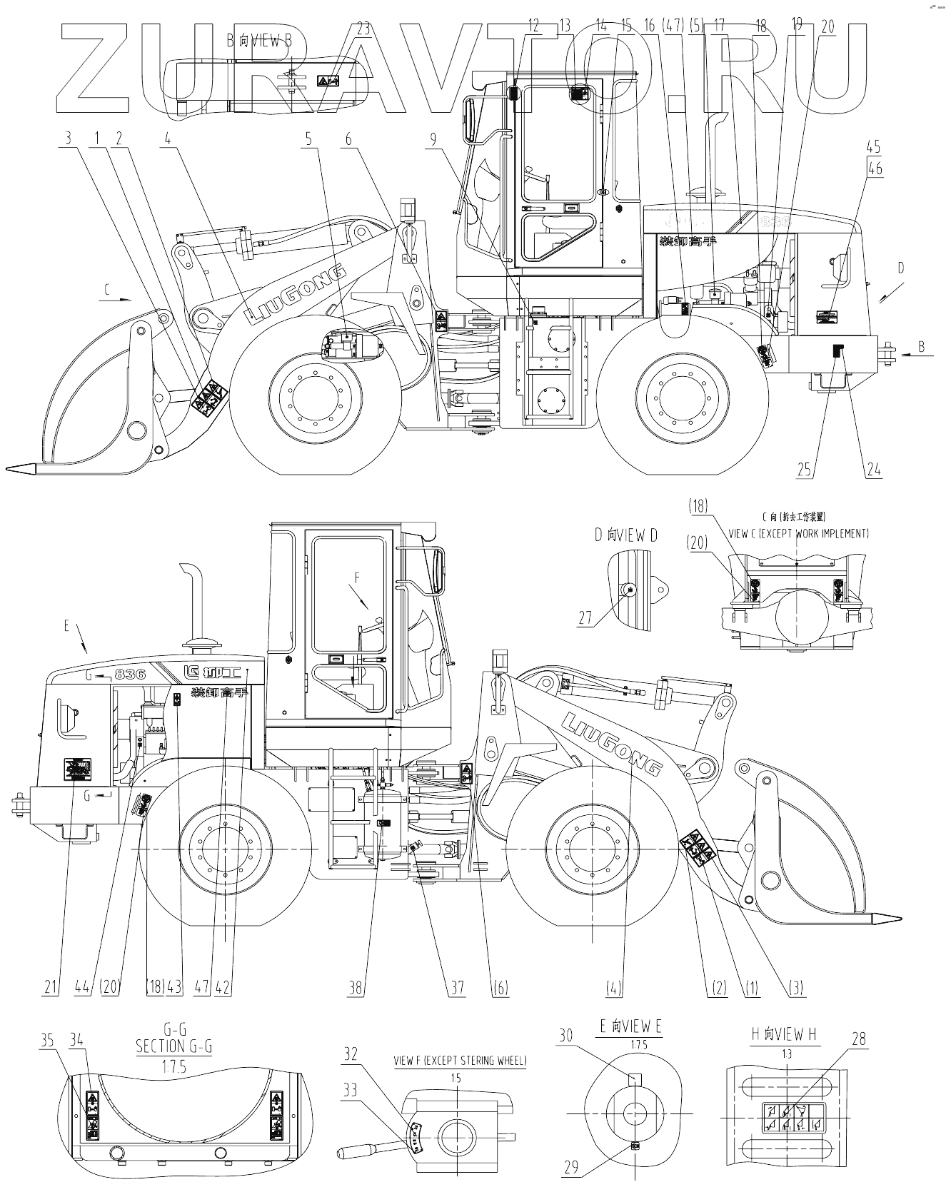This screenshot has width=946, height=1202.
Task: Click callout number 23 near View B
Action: coord(363,29)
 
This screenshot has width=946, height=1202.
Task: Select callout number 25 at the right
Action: coord(805,469)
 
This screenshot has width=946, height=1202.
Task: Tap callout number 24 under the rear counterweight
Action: coord(874,469)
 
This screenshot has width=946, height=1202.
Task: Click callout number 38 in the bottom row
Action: coord(356,988)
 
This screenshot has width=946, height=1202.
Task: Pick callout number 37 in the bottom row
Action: coord(457,988)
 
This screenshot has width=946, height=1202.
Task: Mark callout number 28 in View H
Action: coord(859,1038)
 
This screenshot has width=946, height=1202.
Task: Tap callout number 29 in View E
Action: coord(571,1168)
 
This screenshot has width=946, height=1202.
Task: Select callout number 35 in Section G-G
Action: coord(47,1041)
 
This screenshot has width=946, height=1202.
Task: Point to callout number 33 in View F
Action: coord(351,1089)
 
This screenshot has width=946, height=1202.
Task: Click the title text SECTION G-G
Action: coord(173,1046)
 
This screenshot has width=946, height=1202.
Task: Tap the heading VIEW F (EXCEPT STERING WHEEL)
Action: coord(461,1061)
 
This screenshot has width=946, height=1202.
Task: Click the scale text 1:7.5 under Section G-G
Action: coord(174,1064)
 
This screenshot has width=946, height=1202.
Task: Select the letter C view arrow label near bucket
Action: coord(107,290)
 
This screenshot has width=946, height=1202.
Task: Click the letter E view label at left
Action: coord(66,626)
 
